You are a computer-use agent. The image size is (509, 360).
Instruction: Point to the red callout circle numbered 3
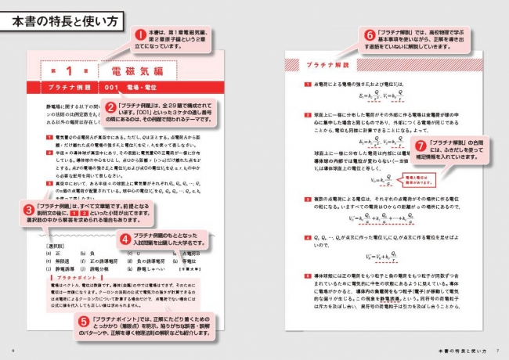tap(28, 210)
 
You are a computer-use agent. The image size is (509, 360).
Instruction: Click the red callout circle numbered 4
tap(124, 239)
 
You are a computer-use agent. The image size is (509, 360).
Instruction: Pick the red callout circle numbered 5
tap(84, 320)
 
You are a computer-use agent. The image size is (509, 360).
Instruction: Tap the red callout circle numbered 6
tap(370, 35)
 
